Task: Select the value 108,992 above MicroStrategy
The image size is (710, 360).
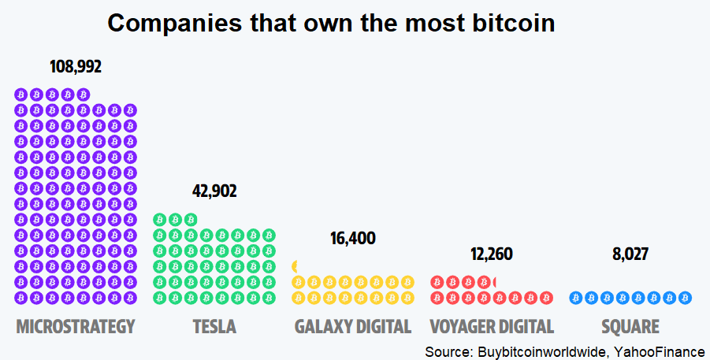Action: pyautogui.click(x=76, y=66)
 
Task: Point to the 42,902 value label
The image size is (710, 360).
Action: pyautogui.click(x=214, y=191)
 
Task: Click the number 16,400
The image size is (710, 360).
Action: pyautogui.click(x=353, y=239)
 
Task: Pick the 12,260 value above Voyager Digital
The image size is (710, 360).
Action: pyautogui.click(x=492, y=254)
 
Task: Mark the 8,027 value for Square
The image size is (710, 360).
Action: pyautogui.click(x=630, y=254)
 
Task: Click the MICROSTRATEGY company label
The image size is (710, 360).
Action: pyautogui.click(x=76, y=326)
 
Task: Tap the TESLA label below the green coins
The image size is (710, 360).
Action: pyautogui.click(x=214, y=326)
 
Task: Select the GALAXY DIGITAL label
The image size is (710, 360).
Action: pyautogui.click(x=353, y=326)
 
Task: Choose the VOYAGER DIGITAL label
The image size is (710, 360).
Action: pyautogui.click(x=492, y=326)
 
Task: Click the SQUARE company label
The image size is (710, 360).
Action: pyautogui.click(x=630, y=326)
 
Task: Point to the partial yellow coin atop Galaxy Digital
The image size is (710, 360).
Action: pyautogui.click(x=295, y=266)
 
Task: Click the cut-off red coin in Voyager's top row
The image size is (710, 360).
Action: pyautogui.click(x=493, y=282)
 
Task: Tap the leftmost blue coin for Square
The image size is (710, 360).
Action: pyautogui.click(x=575, y=298)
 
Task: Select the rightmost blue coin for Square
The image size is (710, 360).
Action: pyautogui.click(x=685, y=298)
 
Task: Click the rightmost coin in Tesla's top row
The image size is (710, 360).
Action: pyautogui.click(x=191, y=220)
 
